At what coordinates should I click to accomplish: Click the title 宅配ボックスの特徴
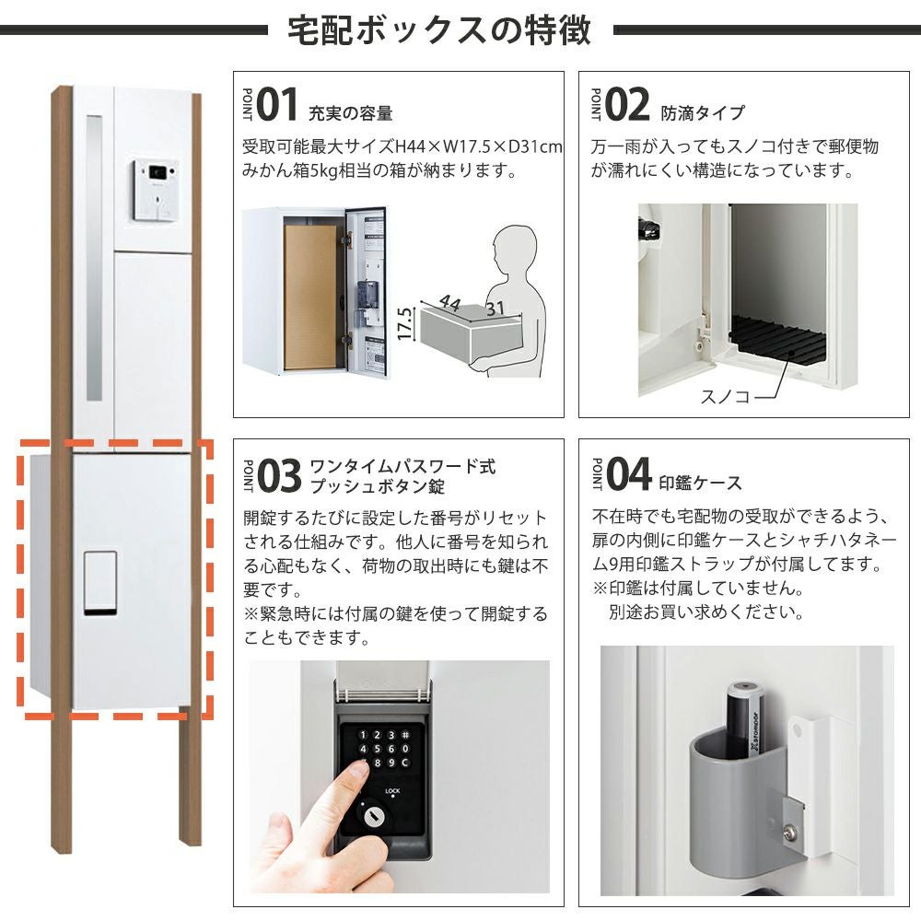point(438,29)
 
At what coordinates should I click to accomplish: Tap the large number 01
point(276,105)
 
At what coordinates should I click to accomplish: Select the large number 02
point(626,105)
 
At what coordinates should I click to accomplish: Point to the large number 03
point(279,475)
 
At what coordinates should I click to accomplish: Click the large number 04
point(628,473)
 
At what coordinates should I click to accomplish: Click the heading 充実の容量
point(351,112)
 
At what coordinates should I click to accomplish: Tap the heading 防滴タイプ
point(703,112)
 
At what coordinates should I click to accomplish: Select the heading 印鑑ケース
point(700,483)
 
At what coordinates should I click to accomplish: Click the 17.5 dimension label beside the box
point(404,323)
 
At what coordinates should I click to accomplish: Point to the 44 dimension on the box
point(450,302)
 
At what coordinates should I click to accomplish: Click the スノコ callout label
point(725,396)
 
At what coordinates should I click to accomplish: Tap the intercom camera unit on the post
point(156,190)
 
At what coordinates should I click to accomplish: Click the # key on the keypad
point(405,735)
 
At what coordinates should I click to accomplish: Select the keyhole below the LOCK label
point(372,816)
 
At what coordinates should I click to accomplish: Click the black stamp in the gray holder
point(745,719)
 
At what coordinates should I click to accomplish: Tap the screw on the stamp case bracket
point(790,831)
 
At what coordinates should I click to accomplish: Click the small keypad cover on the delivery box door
point(99,583)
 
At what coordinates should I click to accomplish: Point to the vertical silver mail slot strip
point(94,258)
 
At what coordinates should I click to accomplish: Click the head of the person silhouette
point(514,251)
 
